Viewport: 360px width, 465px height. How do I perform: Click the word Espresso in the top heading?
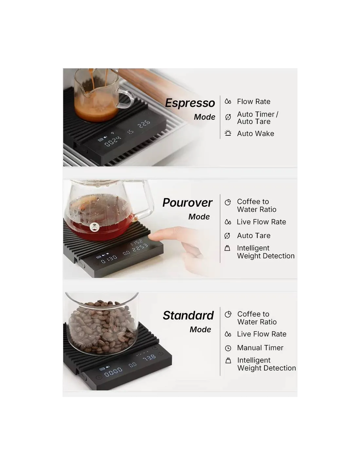point(190,103)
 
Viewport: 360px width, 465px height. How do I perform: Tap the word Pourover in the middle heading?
point(188,202)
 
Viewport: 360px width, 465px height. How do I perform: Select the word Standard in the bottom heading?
point(188,316)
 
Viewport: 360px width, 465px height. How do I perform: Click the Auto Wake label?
point(256,133)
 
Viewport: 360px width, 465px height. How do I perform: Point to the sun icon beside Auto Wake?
point(228,133)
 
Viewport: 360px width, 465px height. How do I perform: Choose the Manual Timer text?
point(260,348)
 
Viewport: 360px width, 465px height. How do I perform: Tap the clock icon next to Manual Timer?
point(228,348)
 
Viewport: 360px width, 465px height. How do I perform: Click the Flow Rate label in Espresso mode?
point(254,101)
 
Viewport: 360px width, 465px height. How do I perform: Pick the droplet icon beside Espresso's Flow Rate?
point(228,101)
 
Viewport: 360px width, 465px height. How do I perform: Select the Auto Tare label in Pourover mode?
point(254,235)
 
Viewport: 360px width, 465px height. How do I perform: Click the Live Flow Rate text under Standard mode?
point(262,334)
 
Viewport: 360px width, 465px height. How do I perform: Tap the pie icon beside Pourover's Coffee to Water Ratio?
point(228,202)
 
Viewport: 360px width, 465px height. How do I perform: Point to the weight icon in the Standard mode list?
point(228,361)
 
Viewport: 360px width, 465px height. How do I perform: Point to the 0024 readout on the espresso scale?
point(113,142)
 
